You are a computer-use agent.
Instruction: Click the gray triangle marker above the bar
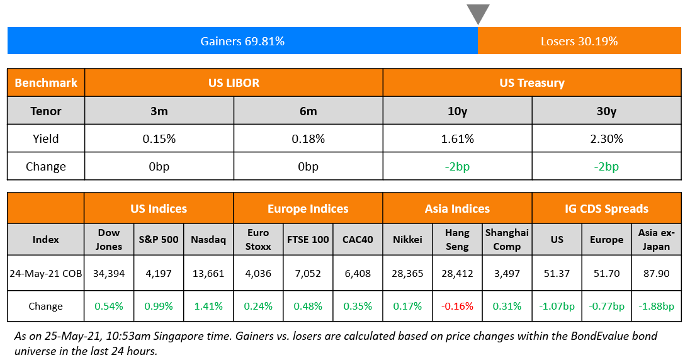point(478,13)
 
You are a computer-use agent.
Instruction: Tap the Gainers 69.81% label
point(242,42)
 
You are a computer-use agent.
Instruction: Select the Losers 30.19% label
point(579,42)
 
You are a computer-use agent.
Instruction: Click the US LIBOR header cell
point(234,82)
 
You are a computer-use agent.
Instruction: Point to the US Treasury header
point(532,82)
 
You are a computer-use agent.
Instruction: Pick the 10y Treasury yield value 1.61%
point(457,138)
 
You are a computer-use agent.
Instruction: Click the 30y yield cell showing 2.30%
point(606,138)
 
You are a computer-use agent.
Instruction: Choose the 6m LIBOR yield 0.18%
point(308,138)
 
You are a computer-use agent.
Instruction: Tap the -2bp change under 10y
point(457,167)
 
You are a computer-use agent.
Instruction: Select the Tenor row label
point(46,111)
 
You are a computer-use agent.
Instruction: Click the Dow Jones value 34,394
point(109,273)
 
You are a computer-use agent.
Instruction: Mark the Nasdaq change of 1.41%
point(208,307)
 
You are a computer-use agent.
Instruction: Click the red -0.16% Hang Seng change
point(457,307)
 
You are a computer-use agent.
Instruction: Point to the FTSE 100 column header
point(308,239)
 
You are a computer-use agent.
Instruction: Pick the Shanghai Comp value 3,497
point(507,273)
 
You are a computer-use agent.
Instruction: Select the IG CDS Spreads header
point(606,208)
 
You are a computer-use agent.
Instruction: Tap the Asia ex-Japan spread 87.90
point(656,273)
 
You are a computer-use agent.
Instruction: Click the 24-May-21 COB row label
point(46,273)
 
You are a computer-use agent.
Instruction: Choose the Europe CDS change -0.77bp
point(606,307)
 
